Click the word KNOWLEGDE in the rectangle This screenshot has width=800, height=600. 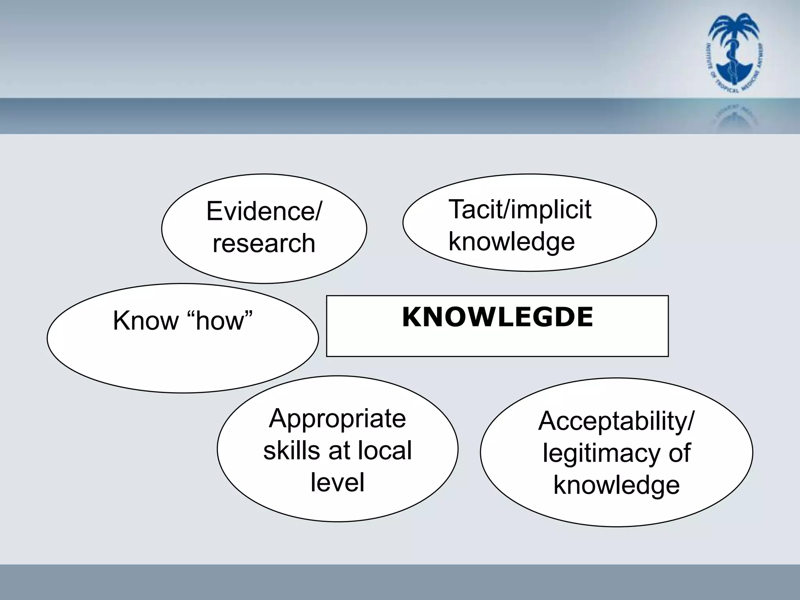[497, 317]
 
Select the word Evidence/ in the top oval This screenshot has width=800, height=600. [264, 211]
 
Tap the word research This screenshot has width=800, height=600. [264, 243]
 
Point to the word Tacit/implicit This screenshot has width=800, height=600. [520, 209]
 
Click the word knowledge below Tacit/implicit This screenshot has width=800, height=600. [511, 241]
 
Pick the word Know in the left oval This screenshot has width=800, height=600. [145, 321]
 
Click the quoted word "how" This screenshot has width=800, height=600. [221, 321]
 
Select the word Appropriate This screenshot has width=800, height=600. [337, 418]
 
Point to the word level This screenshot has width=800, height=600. [337, 482]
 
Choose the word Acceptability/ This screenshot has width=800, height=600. [616, 421]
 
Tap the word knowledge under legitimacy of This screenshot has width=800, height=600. [616, 485]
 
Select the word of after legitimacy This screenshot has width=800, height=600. [680, 453]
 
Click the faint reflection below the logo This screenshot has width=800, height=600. [734, 117]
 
